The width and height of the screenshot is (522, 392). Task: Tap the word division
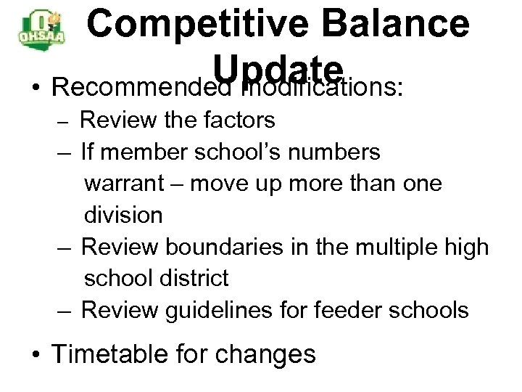124,214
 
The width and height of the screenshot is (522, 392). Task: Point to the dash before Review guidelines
66,310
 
